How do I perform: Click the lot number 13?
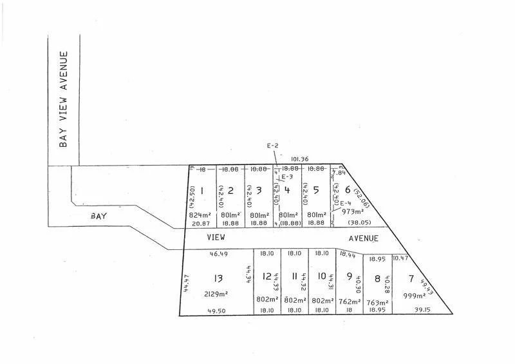218,278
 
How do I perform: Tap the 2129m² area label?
217,294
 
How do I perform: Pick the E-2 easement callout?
272,146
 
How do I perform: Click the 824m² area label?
200,215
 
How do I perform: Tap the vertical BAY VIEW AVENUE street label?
63,100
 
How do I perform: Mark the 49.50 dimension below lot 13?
218,311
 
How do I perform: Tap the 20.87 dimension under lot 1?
200,223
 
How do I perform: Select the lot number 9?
349,277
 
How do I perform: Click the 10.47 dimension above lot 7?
400,258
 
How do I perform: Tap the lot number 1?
202,190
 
